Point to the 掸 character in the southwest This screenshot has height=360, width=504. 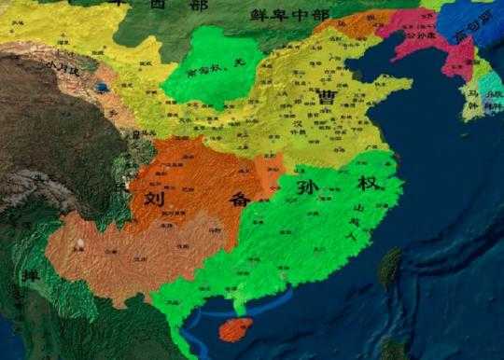point(31,278)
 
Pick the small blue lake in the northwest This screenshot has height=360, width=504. point(101,89)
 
